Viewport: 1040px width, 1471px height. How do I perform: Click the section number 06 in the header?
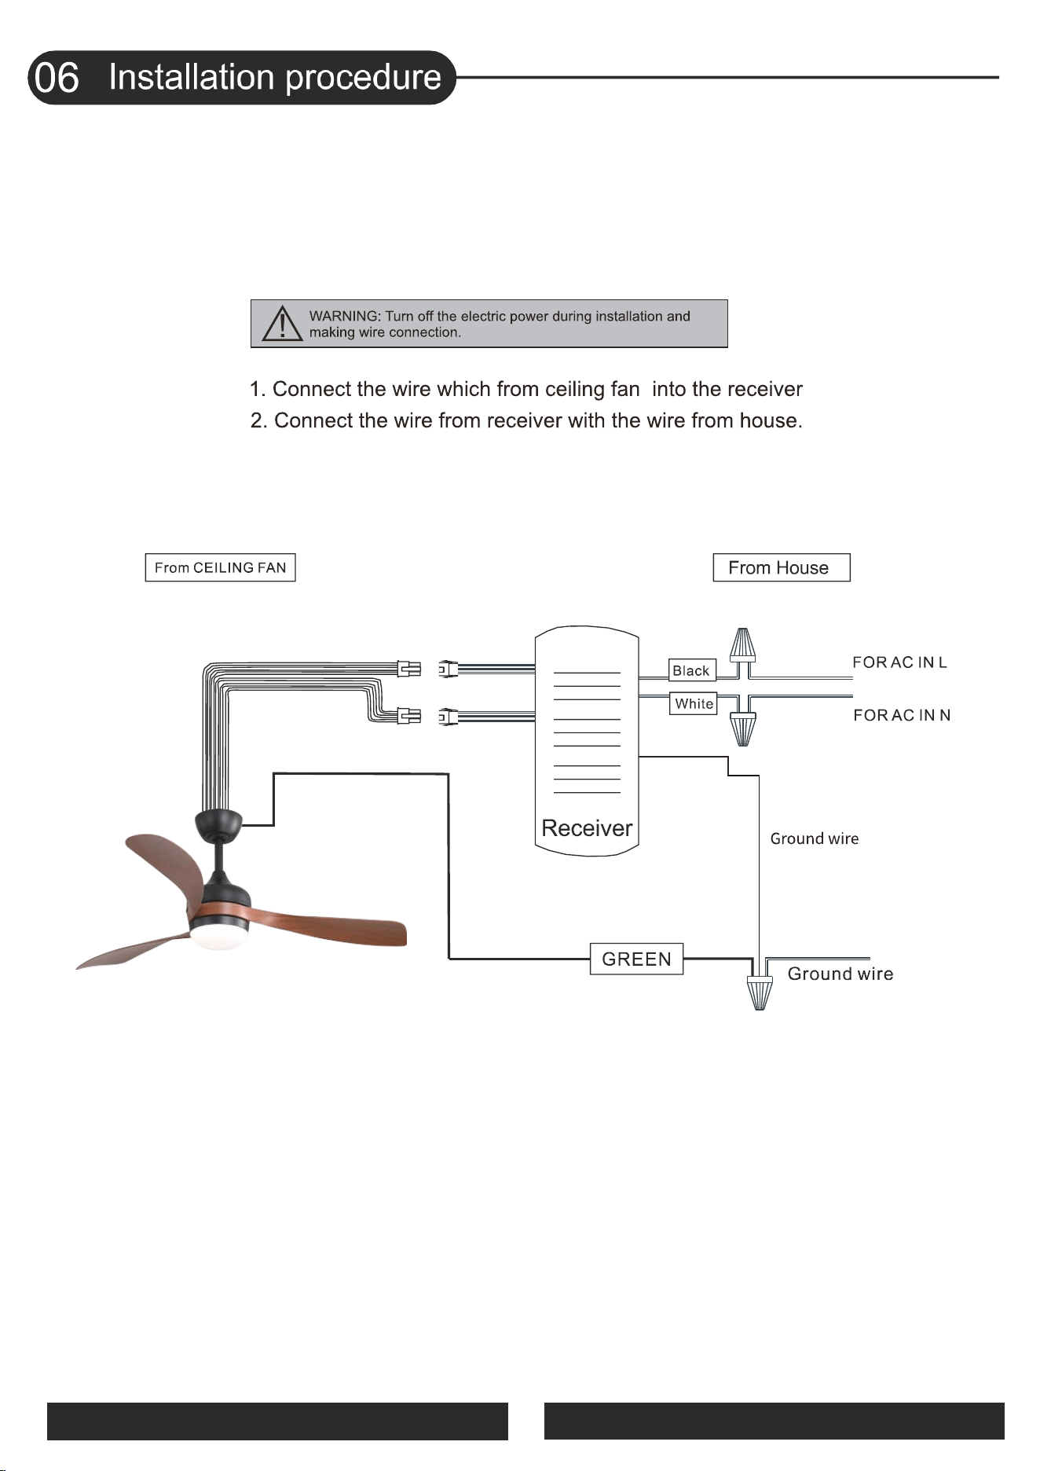point(57,78)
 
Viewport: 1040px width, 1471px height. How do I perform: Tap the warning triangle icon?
point(282,323)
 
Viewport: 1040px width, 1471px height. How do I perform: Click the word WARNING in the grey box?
point(344,316)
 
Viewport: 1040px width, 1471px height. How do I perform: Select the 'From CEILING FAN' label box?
point(220,567)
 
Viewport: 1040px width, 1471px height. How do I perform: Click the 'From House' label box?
point(782,567)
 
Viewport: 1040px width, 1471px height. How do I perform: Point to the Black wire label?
point(692,670)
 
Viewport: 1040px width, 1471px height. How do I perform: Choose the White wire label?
point(694,703)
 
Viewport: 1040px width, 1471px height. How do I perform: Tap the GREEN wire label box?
point(636,959)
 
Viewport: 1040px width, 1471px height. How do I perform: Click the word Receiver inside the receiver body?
point(587,828)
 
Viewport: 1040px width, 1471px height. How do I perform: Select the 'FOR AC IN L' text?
point(900,662)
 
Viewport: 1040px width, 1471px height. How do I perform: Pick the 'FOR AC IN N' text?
point(902,715)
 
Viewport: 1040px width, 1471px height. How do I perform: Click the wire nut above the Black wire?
point(742,645)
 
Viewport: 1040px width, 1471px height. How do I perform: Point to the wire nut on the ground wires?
point(759,993)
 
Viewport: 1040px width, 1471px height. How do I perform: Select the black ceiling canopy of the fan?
point(218,823)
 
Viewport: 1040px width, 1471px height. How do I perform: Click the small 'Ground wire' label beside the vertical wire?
point(814,838)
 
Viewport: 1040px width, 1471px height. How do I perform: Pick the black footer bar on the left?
point(277,1421)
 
